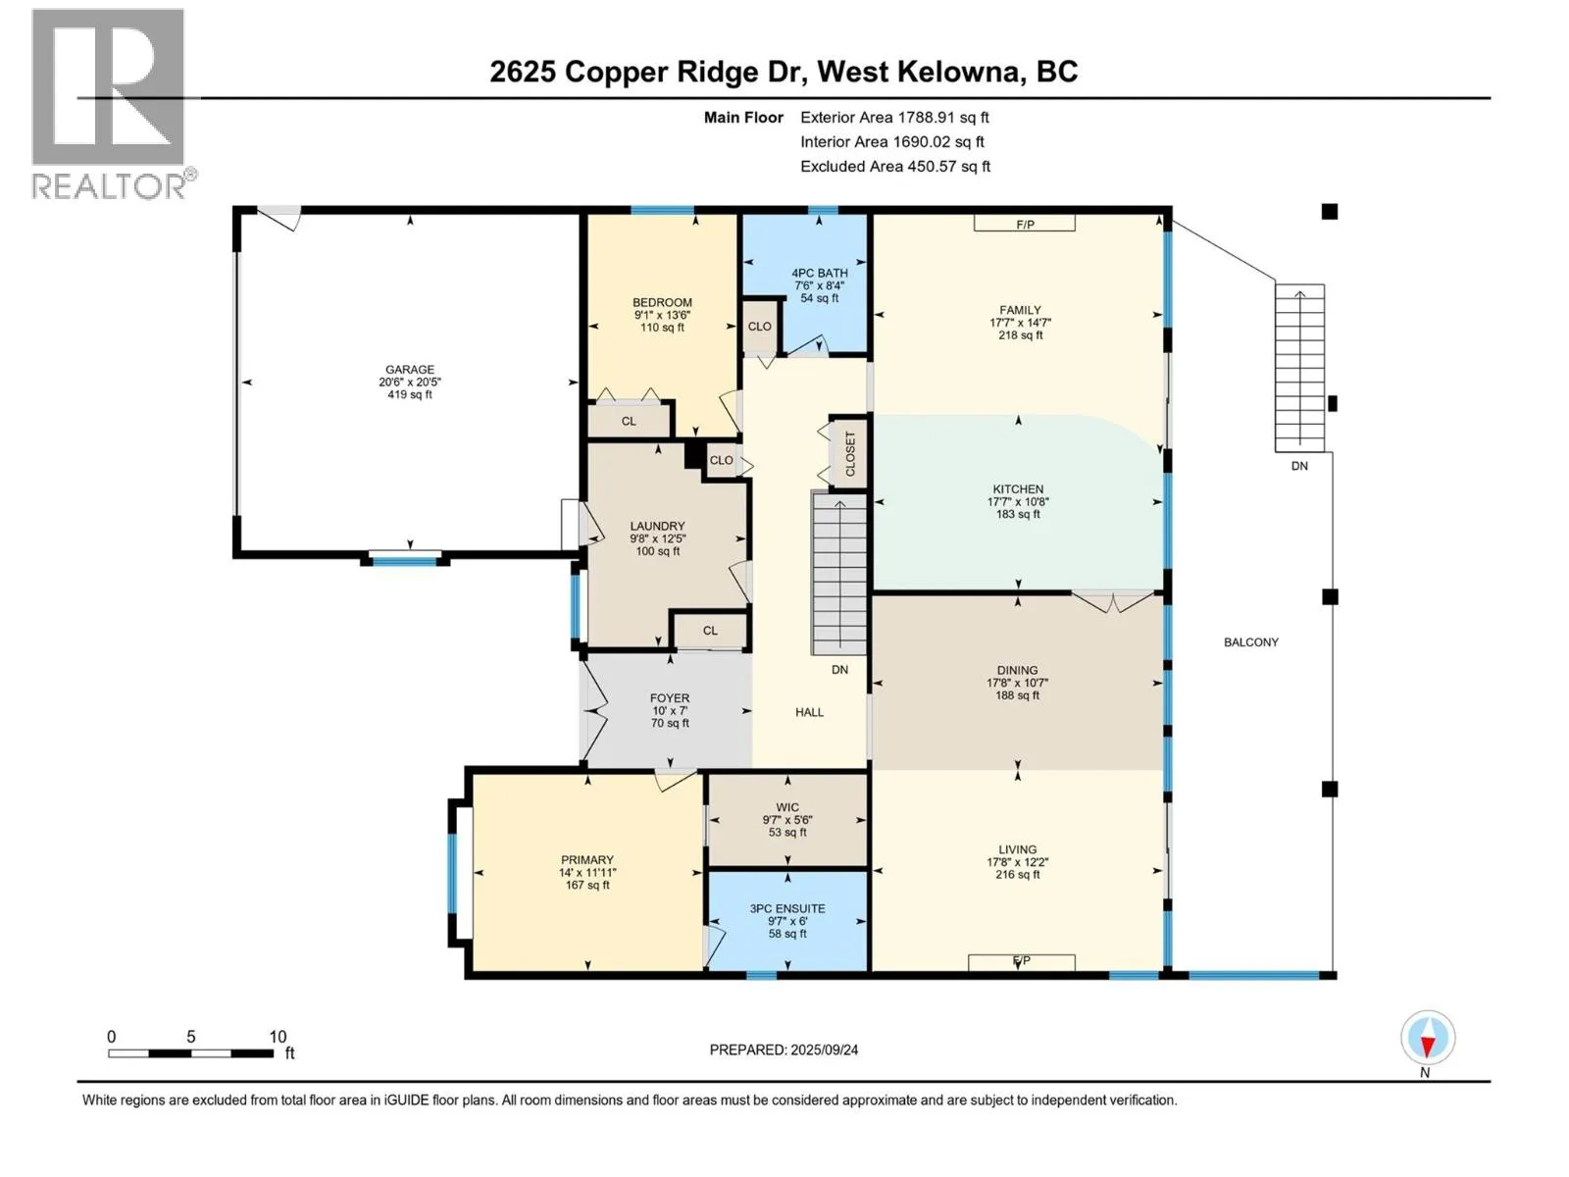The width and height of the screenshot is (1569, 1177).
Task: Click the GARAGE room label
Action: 410,370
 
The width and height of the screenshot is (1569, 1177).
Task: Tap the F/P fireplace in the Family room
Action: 1025,225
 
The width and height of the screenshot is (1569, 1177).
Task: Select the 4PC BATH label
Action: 819,273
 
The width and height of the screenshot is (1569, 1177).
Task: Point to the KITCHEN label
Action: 1018,489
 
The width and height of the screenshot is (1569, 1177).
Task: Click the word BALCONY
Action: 1251,642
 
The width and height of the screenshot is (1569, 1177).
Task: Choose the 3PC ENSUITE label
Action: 787,909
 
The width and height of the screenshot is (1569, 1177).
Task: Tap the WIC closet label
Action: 787,807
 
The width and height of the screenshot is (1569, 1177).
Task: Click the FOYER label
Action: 670,698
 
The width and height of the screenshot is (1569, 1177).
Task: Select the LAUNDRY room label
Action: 658,526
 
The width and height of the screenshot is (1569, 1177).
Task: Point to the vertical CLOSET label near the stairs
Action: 850,454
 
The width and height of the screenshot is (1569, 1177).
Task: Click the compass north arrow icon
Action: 1428,1038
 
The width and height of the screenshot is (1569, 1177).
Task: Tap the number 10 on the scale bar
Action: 278,1037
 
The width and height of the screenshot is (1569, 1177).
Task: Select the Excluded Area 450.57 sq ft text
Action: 895,167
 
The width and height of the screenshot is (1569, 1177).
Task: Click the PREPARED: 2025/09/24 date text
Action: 784,1049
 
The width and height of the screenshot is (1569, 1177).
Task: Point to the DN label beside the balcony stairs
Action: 1298,466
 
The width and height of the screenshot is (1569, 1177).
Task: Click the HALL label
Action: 809,712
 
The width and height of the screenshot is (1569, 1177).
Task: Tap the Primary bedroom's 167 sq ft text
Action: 586,886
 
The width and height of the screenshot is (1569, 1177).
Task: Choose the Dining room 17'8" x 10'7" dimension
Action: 1017,684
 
